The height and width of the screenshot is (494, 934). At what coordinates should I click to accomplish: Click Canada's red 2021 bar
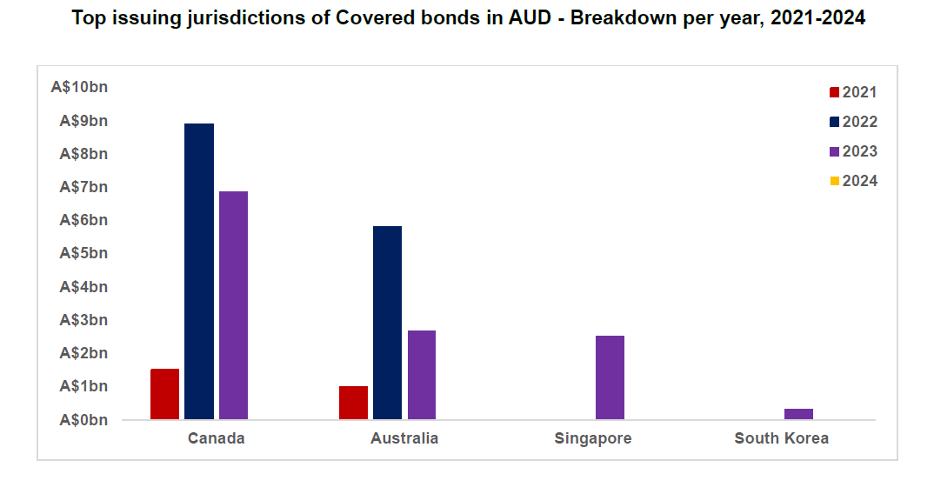click(x=164, y=394)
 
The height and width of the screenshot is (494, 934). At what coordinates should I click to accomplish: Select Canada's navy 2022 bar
click(x=199, y=271)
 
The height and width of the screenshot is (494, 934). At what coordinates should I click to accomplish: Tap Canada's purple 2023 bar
click(x=233, y=305)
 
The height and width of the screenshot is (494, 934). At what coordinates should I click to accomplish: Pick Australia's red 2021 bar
click(x=353, y=403)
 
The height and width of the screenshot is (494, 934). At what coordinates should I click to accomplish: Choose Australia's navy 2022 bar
click(x=387, y=323)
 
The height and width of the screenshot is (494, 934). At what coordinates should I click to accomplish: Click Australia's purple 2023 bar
click(x=422, y=375)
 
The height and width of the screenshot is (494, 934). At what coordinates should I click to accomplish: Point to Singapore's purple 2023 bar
click(x=610, y=377)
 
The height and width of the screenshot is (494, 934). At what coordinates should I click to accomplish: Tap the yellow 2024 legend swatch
click(x=835, y=181)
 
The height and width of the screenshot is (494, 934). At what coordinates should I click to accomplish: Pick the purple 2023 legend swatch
click(x=835, y=151)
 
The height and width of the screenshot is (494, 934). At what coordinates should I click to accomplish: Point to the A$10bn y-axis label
click(x=79, y=88)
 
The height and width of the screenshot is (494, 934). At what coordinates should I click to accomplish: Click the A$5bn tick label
click(x=83, y=254)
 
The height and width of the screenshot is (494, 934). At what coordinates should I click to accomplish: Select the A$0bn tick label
click(x=83, y=420)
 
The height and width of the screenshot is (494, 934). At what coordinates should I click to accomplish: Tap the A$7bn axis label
click(x=83, y=187)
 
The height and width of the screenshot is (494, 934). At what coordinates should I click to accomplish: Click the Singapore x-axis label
click(x=593, y=438)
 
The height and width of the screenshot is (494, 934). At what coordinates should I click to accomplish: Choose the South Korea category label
click(x=781, y=438)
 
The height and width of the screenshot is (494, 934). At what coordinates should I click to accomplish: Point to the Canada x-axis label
click(x=217, y=438)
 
